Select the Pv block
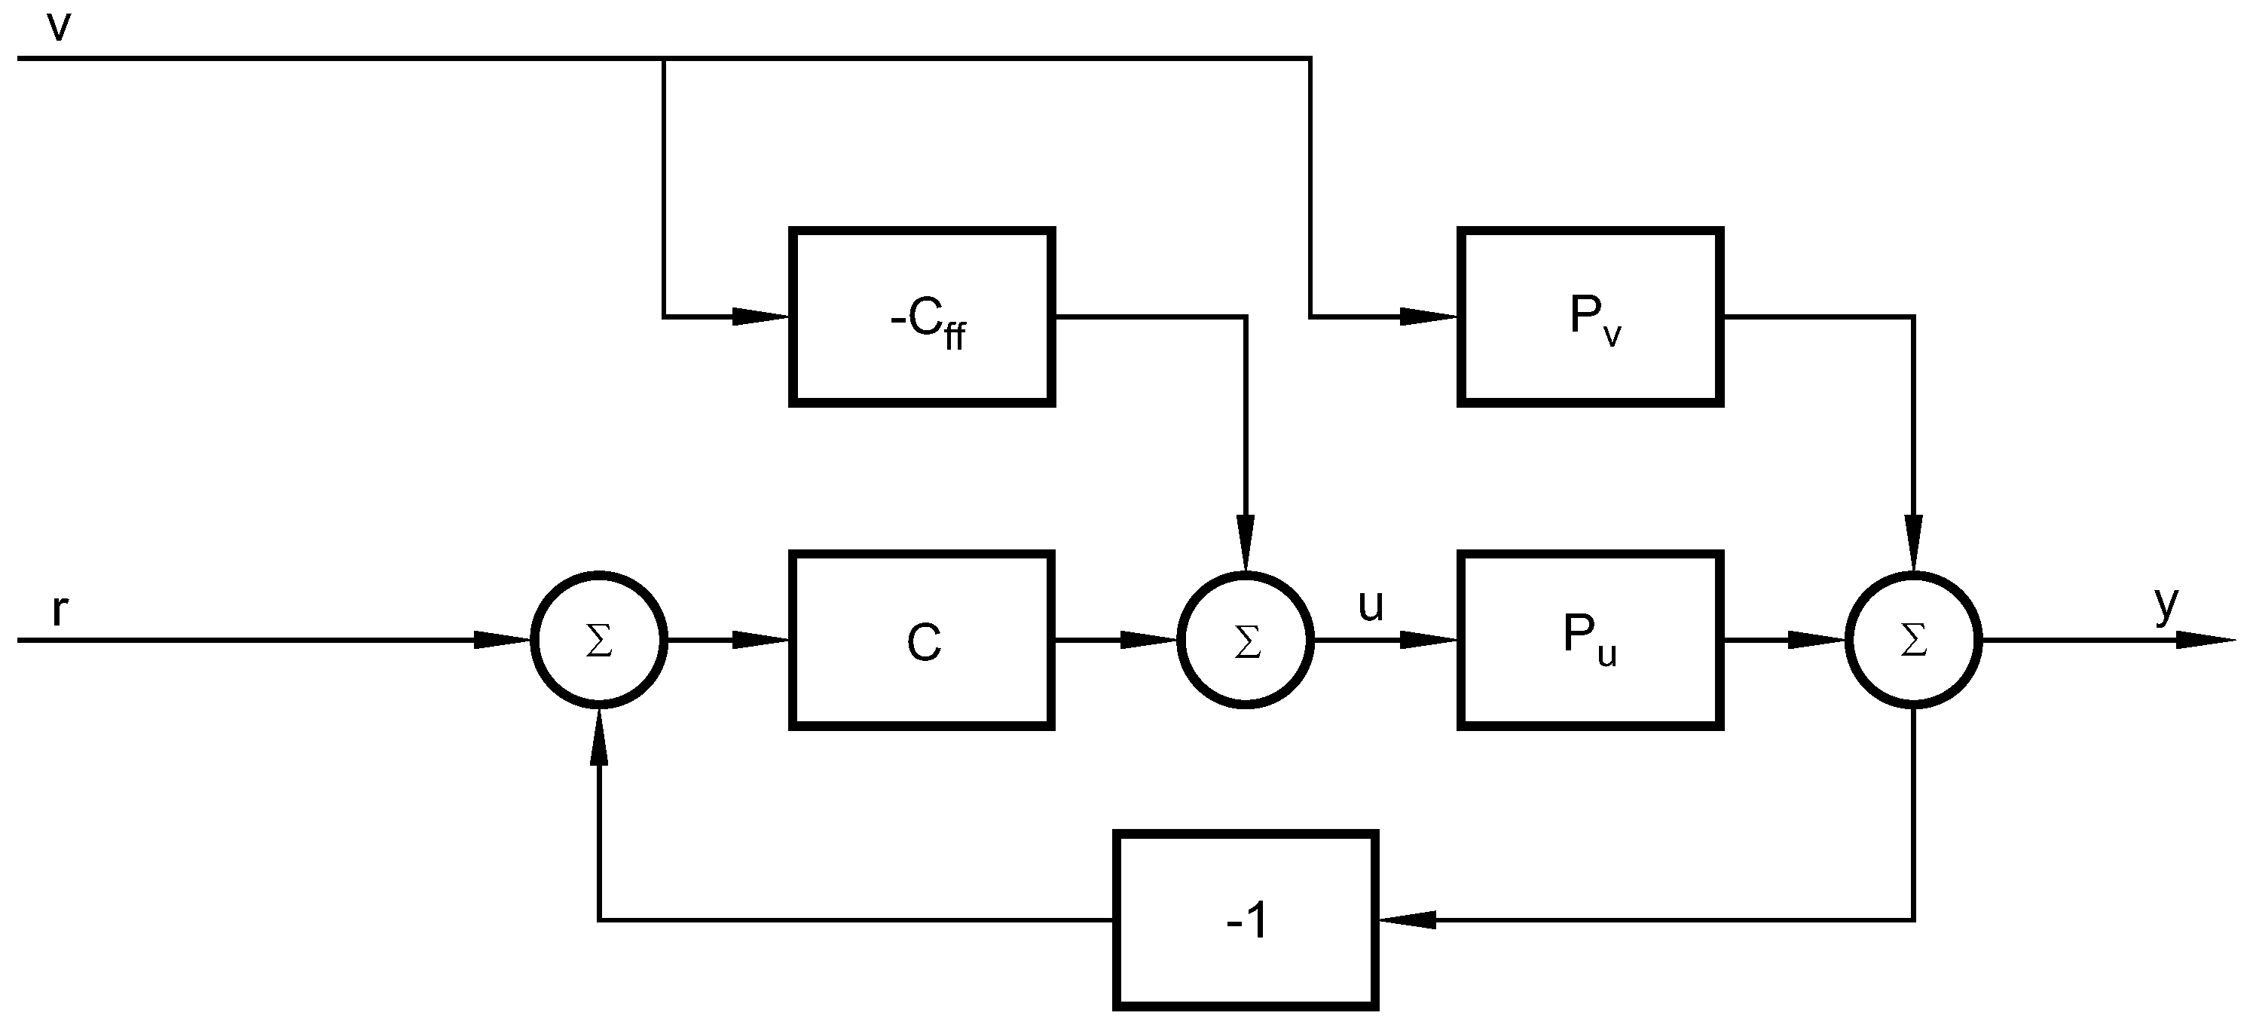click(x=1590, y=317)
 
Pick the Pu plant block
click(x=1590, y=641)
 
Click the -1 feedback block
click(x=1246, y=920)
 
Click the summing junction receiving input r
click(x=599, y=641)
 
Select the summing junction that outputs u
click(x=1246, y=641)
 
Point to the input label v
click(x=58, y=26)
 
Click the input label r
click(x=59, y=610)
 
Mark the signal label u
click(x=1371, y=605)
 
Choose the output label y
click(x=2166, y=604)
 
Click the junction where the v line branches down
click(x=664, y=59)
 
